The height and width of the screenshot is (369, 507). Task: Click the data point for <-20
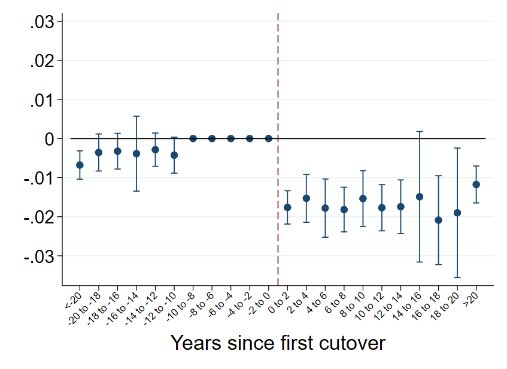point(80,165)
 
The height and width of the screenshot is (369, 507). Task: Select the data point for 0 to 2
point(287,207)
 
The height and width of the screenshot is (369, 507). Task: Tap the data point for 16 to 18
point(439,220)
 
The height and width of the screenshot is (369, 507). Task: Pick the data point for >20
point(476,184)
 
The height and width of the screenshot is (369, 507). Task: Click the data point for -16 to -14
point(136,153)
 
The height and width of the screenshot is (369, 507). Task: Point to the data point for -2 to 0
point(269,138)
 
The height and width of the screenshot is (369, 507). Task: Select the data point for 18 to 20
point(457,213)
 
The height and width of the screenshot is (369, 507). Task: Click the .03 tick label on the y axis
point(42,22)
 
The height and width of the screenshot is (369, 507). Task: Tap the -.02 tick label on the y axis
point(40,217)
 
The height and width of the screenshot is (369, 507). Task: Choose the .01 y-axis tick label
point(42,100)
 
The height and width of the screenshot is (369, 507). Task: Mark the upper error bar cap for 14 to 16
point(420,131)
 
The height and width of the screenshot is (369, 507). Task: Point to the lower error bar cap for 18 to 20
point(457,277)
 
